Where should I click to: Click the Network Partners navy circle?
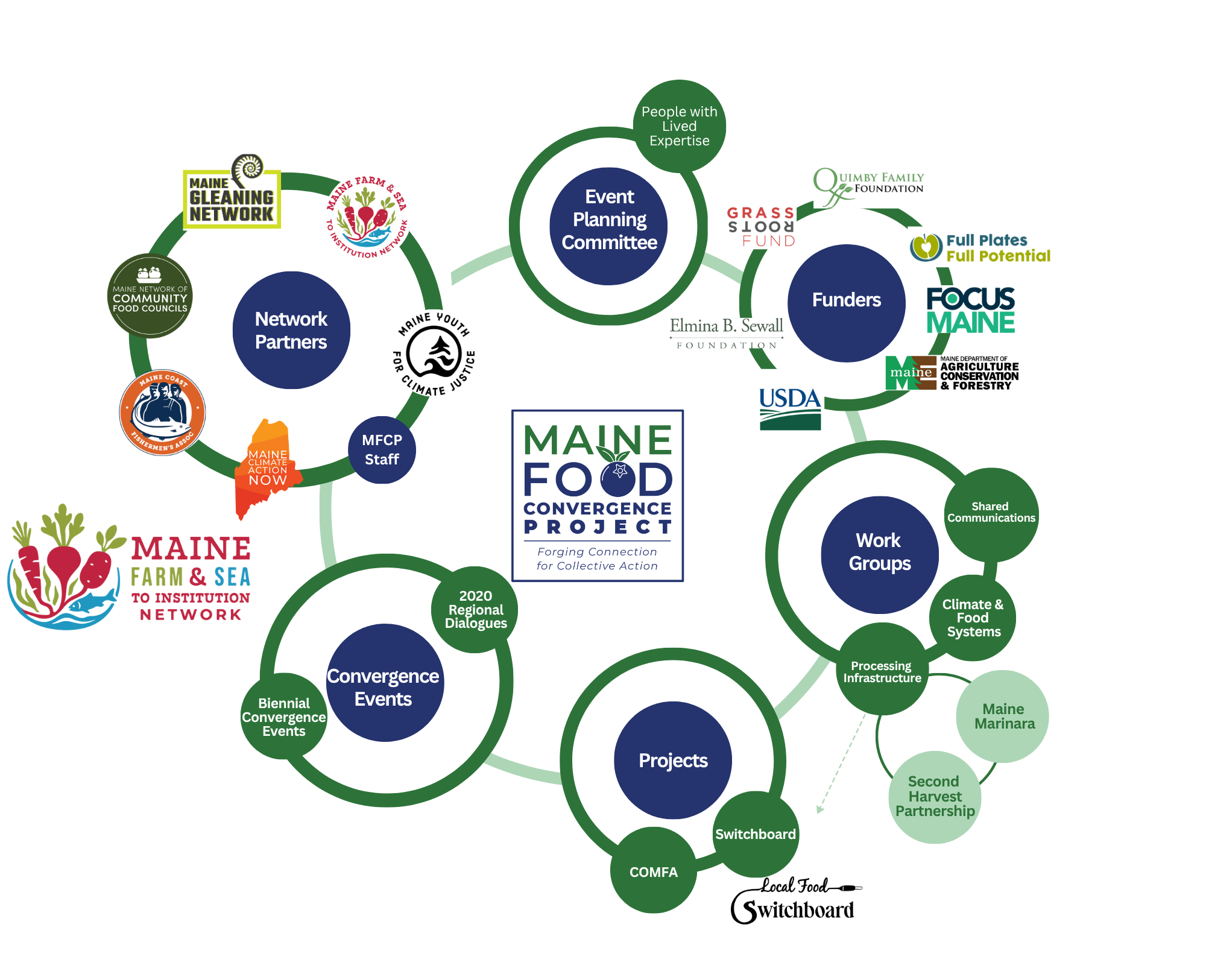[291, 330]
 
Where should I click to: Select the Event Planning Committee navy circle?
[609, 226]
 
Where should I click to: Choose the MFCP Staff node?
[382, 450]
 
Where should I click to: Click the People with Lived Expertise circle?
[679, 126]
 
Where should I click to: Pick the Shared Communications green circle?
[991, 513]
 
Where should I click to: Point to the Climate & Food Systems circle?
[973, 618]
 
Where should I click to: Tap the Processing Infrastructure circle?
[882, 670]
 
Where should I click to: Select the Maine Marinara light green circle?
[1003, 717]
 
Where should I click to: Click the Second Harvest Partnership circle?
[935, 797]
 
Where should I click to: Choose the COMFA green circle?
[654, 871]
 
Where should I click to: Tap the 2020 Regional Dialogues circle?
[475, 609]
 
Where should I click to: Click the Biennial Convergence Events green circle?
[283, 717]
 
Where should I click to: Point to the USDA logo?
[790, 408]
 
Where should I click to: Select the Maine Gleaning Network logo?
[232, 193]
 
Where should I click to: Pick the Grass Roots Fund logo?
[761, 227]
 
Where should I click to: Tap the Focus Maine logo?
[970, 310]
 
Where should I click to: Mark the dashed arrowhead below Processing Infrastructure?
[819, 810]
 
